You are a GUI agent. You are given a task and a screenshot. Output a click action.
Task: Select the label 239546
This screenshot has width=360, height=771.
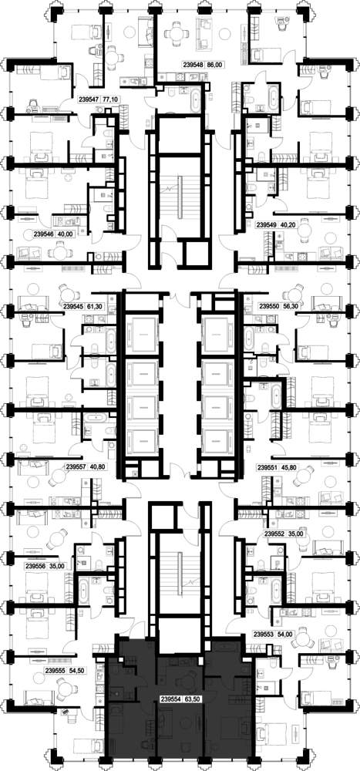coord(42,234)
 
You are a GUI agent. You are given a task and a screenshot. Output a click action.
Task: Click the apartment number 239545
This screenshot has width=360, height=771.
coord(73,305)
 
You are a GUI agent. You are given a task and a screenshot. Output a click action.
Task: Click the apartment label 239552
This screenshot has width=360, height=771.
coord(274,534)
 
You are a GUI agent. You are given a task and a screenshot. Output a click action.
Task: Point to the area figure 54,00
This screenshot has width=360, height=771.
coord(284,634)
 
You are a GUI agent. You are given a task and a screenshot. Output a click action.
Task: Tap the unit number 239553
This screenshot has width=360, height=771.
coord(263,634)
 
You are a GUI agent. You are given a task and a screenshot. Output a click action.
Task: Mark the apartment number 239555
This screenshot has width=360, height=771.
coord(55,670)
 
